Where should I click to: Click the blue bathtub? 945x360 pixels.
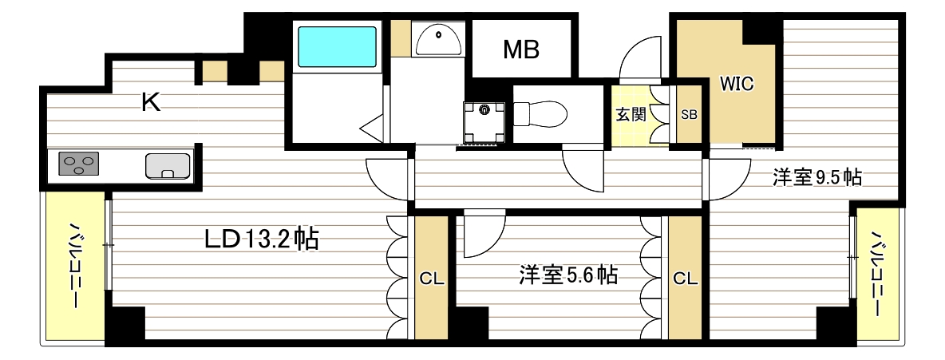336,47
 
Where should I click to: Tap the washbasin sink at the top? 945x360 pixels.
437,39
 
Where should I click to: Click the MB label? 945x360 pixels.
521,49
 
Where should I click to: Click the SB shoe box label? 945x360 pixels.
689,114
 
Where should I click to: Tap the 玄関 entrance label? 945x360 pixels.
631,114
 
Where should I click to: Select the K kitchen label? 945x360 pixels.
151,101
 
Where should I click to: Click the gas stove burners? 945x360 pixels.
79,165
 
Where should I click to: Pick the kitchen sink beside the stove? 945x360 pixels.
168,165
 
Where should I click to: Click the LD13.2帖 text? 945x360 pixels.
261,239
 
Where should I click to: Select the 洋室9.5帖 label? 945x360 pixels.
816,177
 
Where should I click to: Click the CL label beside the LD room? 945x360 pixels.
432,279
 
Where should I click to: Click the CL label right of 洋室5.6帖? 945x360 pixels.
686,279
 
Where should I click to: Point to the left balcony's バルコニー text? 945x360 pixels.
76,267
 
